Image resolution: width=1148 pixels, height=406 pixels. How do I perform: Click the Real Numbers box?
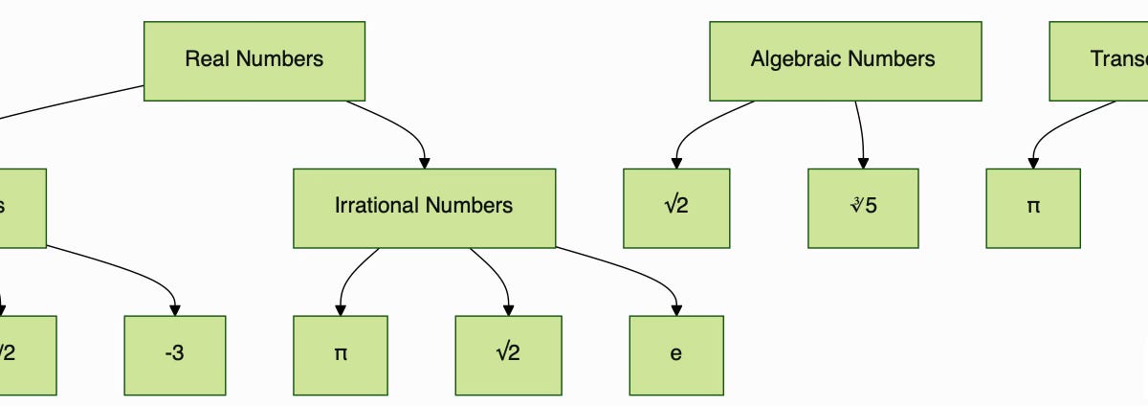254,60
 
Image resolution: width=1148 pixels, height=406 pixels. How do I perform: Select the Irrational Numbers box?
424,207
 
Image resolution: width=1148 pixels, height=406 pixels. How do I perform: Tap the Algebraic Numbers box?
845,60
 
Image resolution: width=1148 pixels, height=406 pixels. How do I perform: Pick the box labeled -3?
174,354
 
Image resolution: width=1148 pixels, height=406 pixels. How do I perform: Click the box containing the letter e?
675,354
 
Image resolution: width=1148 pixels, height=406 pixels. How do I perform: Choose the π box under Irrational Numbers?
340,354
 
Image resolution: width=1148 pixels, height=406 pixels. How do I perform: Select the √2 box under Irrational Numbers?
507,354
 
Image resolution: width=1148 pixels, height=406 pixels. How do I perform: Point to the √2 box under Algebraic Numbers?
675,207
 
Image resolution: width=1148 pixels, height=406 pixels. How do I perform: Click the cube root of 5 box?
862,207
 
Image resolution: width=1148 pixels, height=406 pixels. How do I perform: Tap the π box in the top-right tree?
1032,207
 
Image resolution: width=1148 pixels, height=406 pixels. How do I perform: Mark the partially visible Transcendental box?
1100,60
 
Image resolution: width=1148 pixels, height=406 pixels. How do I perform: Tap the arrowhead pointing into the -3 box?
174,308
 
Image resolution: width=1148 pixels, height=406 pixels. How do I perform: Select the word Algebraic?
791,59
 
